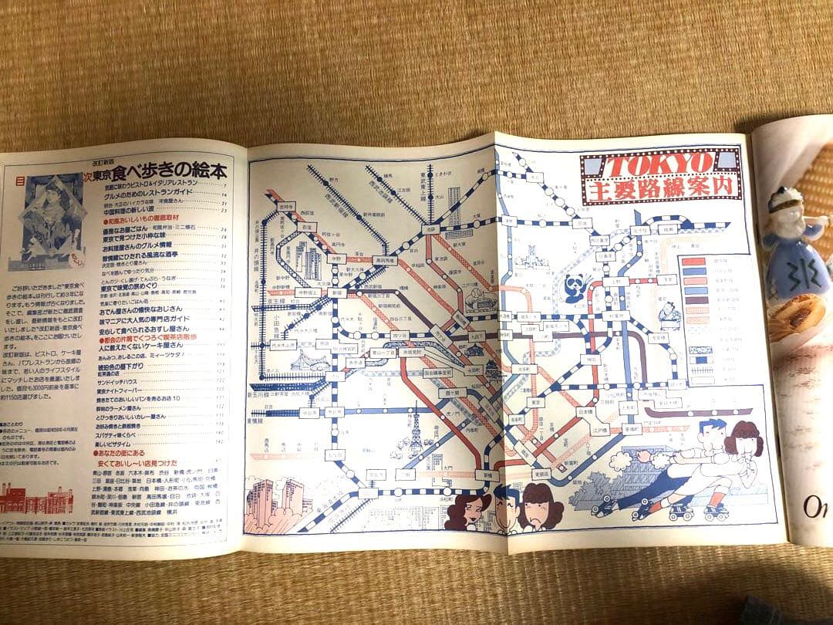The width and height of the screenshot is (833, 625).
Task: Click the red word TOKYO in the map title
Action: tap(656, 164)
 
